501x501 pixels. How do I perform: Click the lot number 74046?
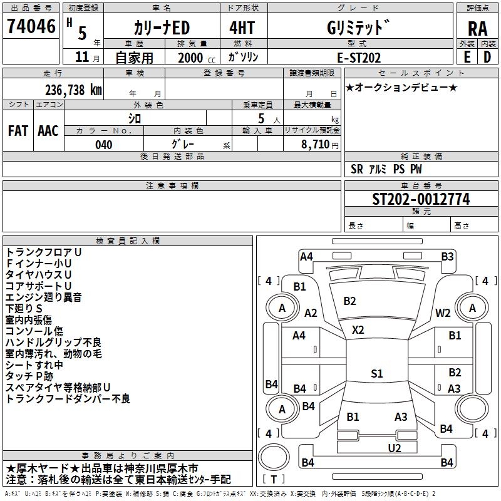pos(31,26)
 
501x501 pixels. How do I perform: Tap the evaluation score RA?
pos(477,28)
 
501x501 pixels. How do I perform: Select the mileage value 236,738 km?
pos(73,90)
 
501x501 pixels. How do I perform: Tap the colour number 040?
pos(104,145)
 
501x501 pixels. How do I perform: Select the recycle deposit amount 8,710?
pos(311,145)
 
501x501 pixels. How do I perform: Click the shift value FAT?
pos(18,131)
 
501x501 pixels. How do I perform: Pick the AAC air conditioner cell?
pos(48,131)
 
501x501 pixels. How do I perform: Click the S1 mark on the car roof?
pos(376,373)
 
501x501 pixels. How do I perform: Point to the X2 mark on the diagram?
pos(358,329)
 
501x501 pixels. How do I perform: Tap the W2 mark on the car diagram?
pos(443,312)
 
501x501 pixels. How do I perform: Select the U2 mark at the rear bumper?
pos(394,447)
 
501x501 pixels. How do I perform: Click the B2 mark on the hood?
pos(349,301)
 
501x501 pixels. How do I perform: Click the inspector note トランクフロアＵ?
pos(44,252)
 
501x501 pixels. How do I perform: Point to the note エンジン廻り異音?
pos(44,297)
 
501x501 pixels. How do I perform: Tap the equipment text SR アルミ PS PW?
pos(386,169)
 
